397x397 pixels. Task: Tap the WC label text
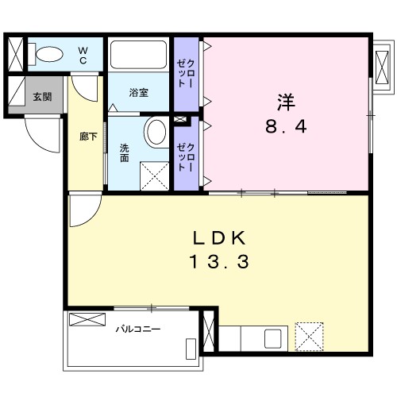83,55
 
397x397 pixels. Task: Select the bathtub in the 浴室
140,55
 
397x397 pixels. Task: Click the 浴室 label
138,93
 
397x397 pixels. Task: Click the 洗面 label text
125,152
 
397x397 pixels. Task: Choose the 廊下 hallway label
88,137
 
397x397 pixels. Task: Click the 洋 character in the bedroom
285,102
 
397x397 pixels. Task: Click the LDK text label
220,237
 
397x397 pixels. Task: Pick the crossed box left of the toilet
16,52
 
